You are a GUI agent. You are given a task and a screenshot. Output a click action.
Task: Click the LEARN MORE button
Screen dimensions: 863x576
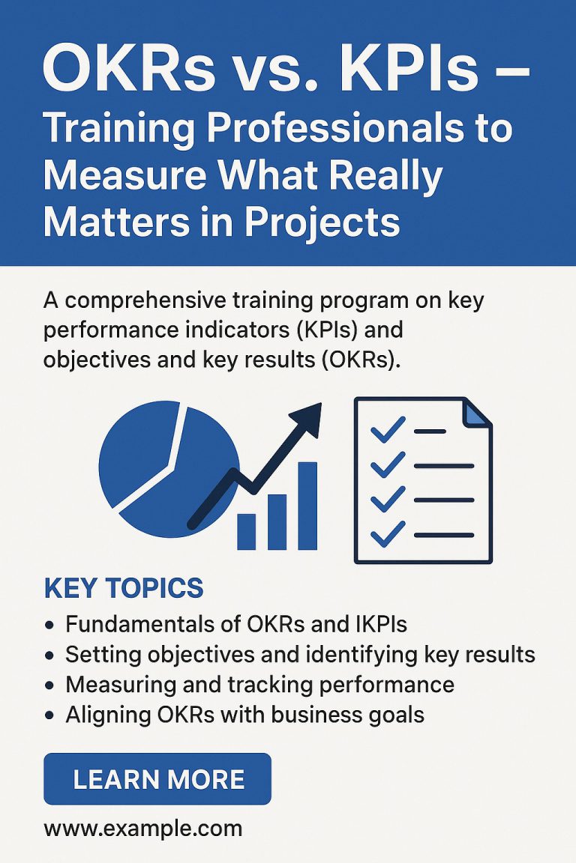click(157, 779)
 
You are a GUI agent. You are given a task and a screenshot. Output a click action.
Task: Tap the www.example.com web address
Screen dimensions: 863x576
click(143, 829)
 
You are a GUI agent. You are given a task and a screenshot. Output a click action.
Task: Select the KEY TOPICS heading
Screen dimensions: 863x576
click(124, 588)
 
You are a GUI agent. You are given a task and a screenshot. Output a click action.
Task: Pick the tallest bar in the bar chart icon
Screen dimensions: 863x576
click(307, 506)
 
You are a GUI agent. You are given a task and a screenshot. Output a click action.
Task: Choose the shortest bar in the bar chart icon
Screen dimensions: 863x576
click(247, 531)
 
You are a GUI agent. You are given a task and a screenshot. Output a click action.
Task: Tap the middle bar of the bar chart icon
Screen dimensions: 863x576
click(277, 521)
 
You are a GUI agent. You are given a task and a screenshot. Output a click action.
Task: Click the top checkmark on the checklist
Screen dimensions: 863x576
click(388, 430)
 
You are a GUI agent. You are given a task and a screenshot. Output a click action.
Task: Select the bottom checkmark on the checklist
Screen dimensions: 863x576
click(388, 533)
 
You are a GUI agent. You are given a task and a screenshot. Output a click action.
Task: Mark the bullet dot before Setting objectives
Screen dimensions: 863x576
click(49, 655)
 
